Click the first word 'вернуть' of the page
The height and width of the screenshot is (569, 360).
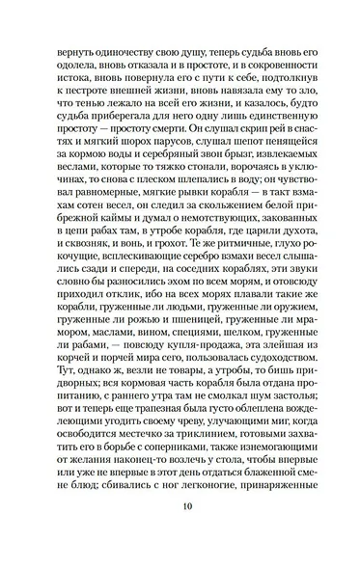(x=74, y=46)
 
